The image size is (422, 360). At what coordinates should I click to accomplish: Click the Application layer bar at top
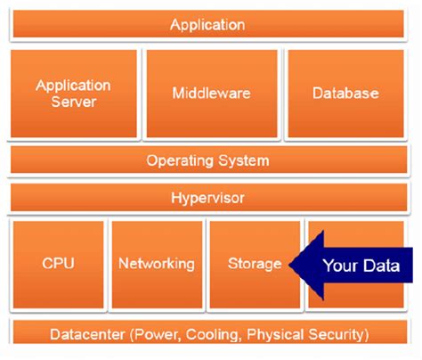click(x=207, y=24)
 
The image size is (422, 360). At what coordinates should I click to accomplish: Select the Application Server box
click(x=74, y=93)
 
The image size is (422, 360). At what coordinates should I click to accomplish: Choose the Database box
click(x=345, y=93)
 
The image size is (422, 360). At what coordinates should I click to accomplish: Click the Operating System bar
click(x=207, y=161)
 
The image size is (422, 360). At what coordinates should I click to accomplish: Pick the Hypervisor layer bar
click(x=207, y=198)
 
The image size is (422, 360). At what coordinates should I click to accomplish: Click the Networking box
click(x=156, y=264)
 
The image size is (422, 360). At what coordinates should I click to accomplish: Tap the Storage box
click(x=254, y=264)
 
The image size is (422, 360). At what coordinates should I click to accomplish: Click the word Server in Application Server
click(x=74, y=102)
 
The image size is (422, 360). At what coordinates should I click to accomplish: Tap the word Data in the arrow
click(x=384, y=265)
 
